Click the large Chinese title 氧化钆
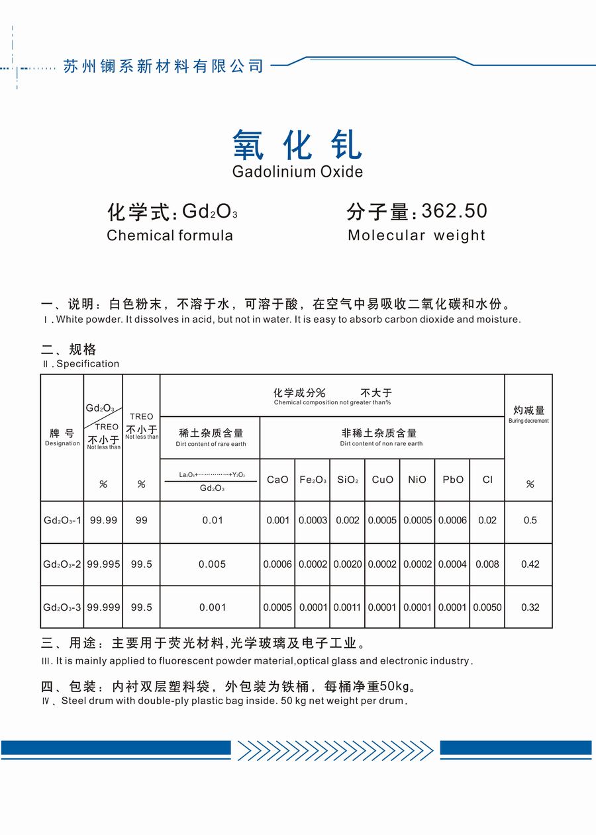coord(297,144)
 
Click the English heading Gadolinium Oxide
coord(297,172)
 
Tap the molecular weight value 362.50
coord(454,211)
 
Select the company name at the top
coord(163,66)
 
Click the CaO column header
coord(277,480)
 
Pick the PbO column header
coord(453,480)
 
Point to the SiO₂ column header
coord(348,480)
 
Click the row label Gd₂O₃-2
coord(62,564)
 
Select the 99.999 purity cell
coord(103,607)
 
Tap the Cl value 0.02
coord(487,521)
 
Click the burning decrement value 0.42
coord(530,564)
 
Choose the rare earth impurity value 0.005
coord(212,564)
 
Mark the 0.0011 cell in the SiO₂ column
coord(348,607)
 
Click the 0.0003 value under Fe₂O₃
coord(313,521)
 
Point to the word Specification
coord(88,364)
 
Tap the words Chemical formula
coord(170,236)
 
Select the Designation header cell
coord(62,437)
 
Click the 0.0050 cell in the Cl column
coord(487,607)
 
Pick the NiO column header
coord(417,480)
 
